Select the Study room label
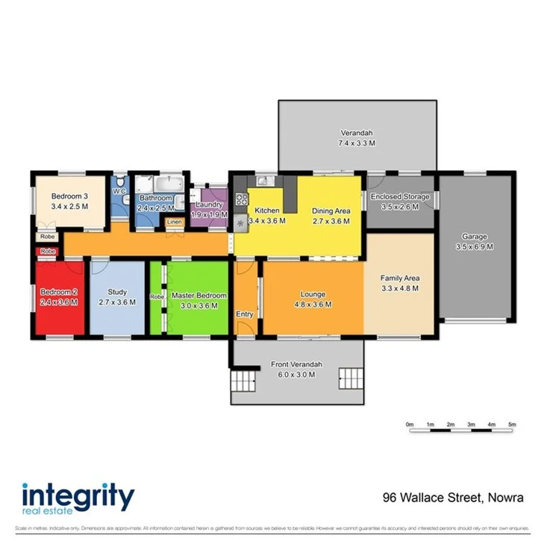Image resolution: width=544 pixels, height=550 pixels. coord(117,292)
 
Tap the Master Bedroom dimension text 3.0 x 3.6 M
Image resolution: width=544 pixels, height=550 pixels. coord(195,305)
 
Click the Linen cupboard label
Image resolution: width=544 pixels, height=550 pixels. coord(173,222)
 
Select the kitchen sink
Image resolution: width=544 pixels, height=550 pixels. coord(263,180)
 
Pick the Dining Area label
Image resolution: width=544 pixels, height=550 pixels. coord(331,210)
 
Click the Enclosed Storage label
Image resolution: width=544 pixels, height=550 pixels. coord(400,197)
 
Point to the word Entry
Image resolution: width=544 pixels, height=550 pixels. coord(245,314)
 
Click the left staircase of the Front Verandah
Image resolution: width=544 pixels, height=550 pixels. coord(243,384)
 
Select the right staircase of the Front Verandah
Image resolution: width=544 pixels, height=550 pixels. coord(349,380)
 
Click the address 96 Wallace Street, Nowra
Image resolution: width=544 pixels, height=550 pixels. coord(452,496)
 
